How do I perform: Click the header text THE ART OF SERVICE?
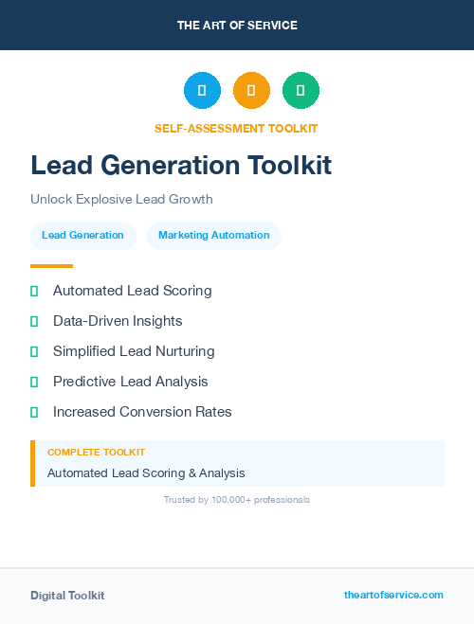(237, 26)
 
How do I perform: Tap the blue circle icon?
(202, 91)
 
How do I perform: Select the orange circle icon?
(251, 91)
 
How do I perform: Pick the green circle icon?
(301, 91)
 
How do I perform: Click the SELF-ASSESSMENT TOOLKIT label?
(236, 129)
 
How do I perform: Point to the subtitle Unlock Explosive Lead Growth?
(121, 200)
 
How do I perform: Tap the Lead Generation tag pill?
(82, 236)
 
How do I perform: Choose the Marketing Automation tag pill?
(213, 236)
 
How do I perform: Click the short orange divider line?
(51, 266)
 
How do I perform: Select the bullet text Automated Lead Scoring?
(132, 291)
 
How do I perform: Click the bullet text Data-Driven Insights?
(118, 321)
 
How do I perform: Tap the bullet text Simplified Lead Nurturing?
(134, 351)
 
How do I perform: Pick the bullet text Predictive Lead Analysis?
(130, 382)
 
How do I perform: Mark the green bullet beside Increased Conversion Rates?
(34, 412)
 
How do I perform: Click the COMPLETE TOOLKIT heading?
(96, 453)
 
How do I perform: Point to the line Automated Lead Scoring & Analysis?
(146, 472)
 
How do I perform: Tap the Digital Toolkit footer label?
(67, 596)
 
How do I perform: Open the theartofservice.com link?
(393, 595)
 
